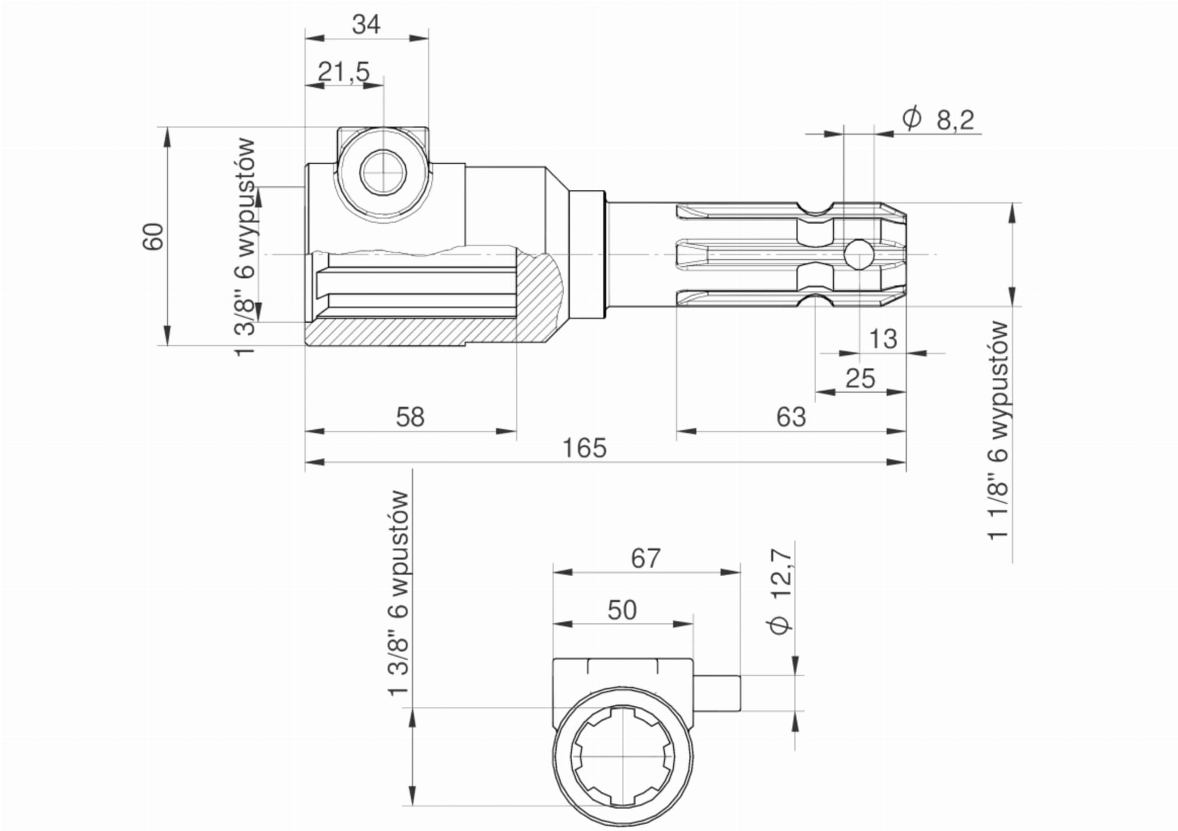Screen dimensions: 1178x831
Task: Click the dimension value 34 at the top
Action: pos(366,25)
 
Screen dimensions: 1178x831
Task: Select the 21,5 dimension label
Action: pos(344,72)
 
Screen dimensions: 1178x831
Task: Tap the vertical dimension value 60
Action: pos(154,236)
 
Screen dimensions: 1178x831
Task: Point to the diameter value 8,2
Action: pos(955,121)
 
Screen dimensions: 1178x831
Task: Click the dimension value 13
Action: pos(883,339)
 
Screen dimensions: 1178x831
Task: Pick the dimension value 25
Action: pos(860,378)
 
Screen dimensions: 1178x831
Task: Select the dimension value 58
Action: pos(410,417)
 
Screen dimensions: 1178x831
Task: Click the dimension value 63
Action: pos(791,417)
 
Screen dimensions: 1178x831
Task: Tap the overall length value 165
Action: pos(584,448)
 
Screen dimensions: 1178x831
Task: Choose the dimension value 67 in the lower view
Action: pos(646,558)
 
